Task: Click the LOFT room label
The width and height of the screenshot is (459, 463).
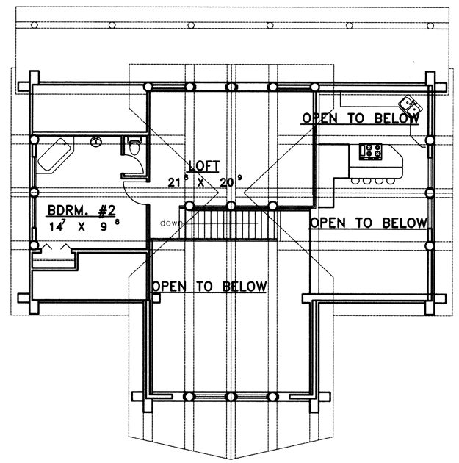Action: point(204,166)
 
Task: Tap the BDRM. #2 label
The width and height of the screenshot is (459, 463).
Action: point(82,211)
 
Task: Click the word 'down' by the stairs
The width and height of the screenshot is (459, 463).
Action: point(170,223)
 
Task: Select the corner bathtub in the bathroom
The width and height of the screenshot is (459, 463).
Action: point(55,154)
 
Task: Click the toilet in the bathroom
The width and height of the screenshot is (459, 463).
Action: point(134,146)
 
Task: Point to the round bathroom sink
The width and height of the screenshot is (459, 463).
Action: point(96,142)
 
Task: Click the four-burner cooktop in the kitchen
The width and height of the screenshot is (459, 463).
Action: point(370,152)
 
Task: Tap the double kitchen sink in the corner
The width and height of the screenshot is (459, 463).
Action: point(410,106)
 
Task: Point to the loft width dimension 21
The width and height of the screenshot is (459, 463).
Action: point(174,182)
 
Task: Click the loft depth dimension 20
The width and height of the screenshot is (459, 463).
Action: point(226,182)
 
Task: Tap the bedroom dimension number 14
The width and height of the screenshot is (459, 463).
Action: point(56,227)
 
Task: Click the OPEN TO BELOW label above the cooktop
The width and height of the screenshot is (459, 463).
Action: point(361,118)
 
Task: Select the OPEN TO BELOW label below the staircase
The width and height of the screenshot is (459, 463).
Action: point(209,287)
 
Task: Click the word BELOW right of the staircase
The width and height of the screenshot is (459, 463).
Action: point(405,223)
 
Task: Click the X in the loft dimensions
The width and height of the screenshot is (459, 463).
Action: point(200,182)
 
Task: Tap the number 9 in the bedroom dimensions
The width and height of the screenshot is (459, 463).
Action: point(104,227)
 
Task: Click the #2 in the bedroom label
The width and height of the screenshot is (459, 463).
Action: point(106,211)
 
